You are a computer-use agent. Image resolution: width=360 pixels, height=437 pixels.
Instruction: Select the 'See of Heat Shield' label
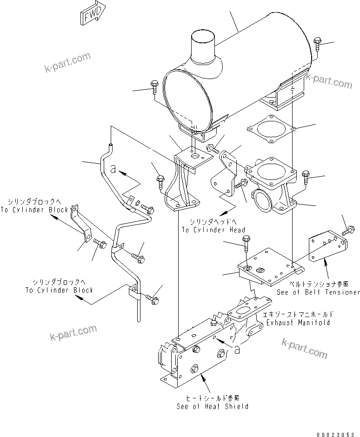[212, 406]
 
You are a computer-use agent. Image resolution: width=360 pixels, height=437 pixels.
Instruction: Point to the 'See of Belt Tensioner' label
[318, 292]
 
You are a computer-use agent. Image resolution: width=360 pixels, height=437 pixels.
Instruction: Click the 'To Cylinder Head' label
[213, 230]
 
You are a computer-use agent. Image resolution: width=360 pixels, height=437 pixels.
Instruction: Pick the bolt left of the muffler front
[155, 87]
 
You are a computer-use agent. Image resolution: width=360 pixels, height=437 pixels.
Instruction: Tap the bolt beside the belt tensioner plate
[348, 230]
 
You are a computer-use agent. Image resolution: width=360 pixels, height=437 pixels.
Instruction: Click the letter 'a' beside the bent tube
[113, 168]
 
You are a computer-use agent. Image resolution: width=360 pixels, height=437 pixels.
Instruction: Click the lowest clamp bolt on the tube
[153, 299]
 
